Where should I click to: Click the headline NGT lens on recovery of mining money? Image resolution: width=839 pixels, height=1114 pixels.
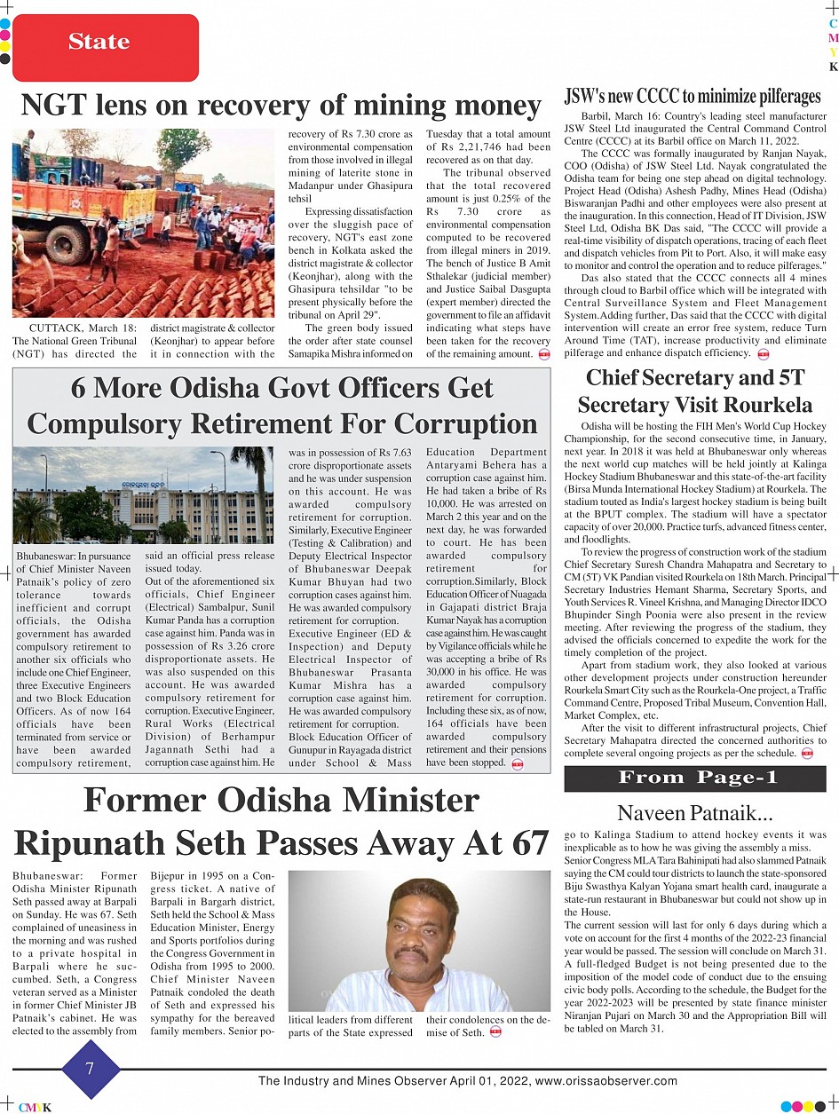(281, 106)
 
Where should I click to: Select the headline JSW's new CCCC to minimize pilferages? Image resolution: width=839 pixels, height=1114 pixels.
(693, 96)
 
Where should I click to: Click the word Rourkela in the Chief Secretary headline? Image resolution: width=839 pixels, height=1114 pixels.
(764, 405)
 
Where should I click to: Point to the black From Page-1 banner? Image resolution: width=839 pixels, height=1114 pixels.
(694, 778)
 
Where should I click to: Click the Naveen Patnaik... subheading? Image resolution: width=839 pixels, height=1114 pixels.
(695, 812)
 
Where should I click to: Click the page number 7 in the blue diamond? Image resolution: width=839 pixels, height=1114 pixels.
(90, 1069)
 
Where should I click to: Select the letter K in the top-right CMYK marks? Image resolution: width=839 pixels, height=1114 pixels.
(833, 67)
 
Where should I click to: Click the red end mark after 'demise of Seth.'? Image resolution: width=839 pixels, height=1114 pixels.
(495, 1031)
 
